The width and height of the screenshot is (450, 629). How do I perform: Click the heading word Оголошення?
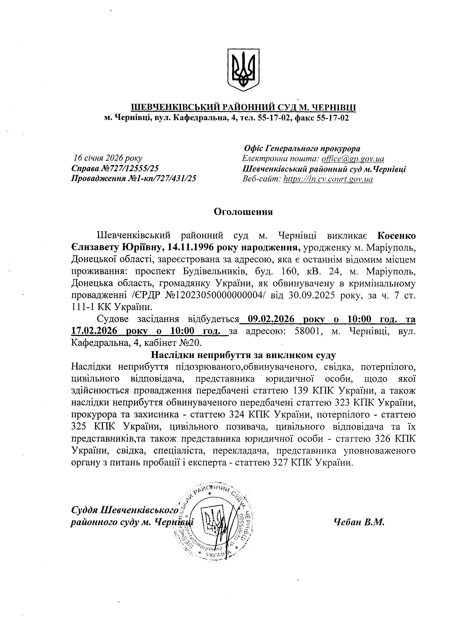point(243,212)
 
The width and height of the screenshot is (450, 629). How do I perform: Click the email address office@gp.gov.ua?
point(353,159)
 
